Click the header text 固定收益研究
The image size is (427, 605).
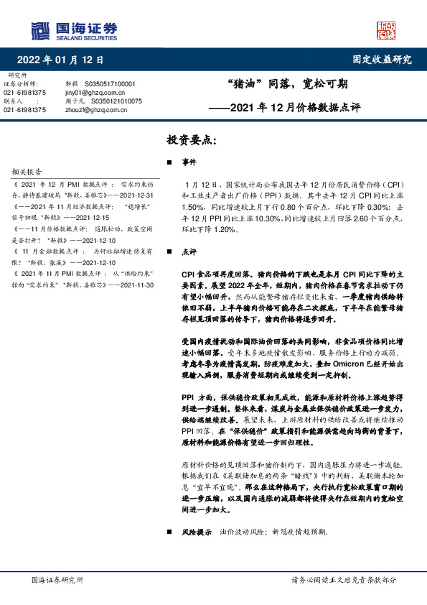coord(382,60)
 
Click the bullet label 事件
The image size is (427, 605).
coord(189,162)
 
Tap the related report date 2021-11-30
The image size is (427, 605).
coord(137,285)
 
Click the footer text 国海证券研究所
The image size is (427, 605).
coord(57,580)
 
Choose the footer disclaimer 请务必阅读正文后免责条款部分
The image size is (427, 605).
coord(343,580)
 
